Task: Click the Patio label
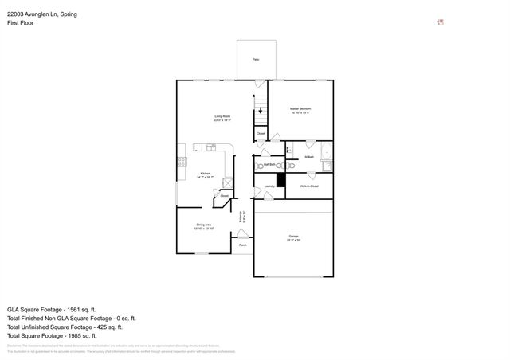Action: click(x=256, y=60)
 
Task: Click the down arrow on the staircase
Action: click(x=259, y=112)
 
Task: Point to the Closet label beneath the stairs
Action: click(x=261, y=133)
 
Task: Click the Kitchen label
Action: click(x=205, y=174)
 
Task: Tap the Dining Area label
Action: click(x=203, y=226)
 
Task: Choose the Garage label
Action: click(x=293, y=237)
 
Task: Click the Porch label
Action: click(x=242, y=245)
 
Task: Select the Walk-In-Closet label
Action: click(x=309, y=186)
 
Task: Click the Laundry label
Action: click(x=269, y=186)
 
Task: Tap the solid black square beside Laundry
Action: click(x=280, y=180)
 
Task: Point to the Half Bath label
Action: click(x=270, y=165)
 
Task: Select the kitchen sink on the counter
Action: click(x=210, y=147)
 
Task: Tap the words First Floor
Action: click(x=20, y=23)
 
